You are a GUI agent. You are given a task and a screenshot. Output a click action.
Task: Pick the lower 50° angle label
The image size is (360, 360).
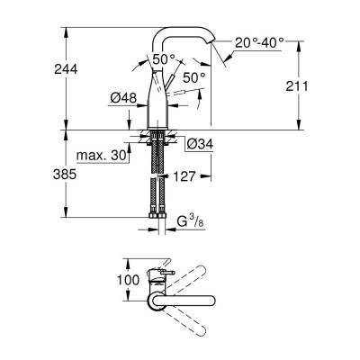point(193,78)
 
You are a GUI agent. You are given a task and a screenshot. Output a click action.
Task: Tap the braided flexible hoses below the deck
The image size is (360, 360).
point(158,180)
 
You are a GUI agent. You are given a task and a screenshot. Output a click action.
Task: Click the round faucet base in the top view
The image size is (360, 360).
point(153,280)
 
